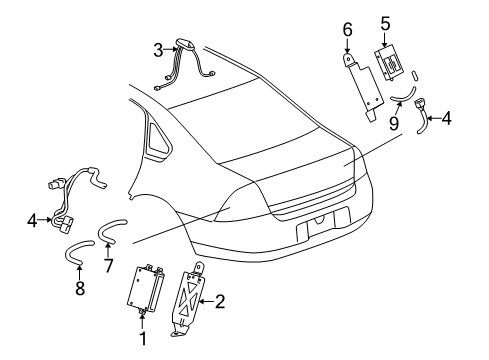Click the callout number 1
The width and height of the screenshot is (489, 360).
click(x=142, y=338)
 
